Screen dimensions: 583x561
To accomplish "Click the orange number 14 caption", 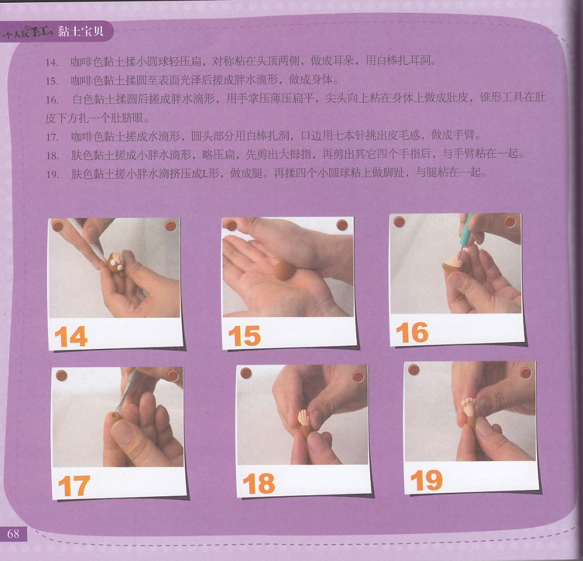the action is tap(71, 337).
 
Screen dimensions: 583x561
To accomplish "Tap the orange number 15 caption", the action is tap(245, 336).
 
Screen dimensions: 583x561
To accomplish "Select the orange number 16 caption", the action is tap(412, 333).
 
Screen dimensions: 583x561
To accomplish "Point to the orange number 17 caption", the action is tap(75, 486).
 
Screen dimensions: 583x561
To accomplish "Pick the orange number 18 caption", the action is tap(259, 484).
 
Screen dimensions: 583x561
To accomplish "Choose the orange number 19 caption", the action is tap(427, 481).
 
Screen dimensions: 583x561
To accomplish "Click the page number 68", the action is tap(13, 534).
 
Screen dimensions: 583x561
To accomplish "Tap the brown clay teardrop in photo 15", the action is tap(285, 270).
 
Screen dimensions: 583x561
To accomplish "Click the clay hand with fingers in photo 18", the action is tap(304, 417).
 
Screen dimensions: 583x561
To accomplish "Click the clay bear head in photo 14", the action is tap(116, 263).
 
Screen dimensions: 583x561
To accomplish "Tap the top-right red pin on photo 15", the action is tap(342, 225).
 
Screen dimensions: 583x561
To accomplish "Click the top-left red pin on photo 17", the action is tap(61, 375).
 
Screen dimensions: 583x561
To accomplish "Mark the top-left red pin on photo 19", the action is tap(413, 370).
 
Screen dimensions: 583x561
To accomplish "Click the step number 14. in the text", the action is tap(52, 62).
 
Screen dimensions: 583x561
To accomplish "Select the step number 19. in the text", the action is tap(52, 174).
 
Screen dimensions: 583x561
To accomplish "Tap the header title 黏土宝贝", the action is tap(80, 31).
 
